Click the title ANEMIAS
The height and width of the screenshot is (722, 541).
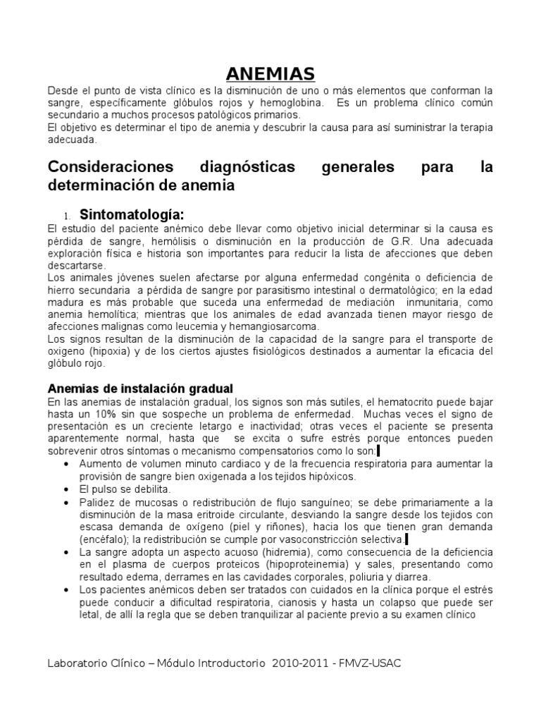point(270,74)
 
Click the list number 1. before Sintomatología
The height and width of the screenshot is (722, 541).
point(68,216)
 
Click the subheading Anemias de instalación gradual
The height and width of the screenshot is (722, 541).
point(139,388)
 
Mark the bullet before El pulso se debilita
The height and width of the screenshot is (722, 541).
point(66,489)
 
